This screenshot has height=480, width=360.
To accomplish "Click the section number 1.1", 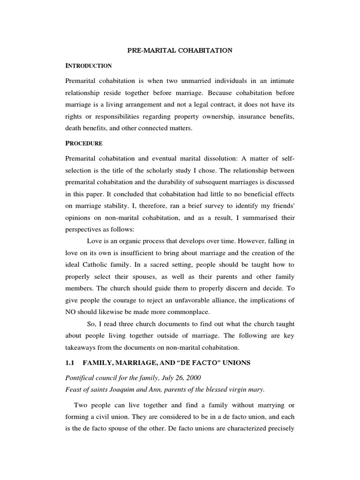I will coord(71,363).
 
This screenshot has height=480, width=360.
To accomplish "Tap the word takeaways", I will coord(83,347).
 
